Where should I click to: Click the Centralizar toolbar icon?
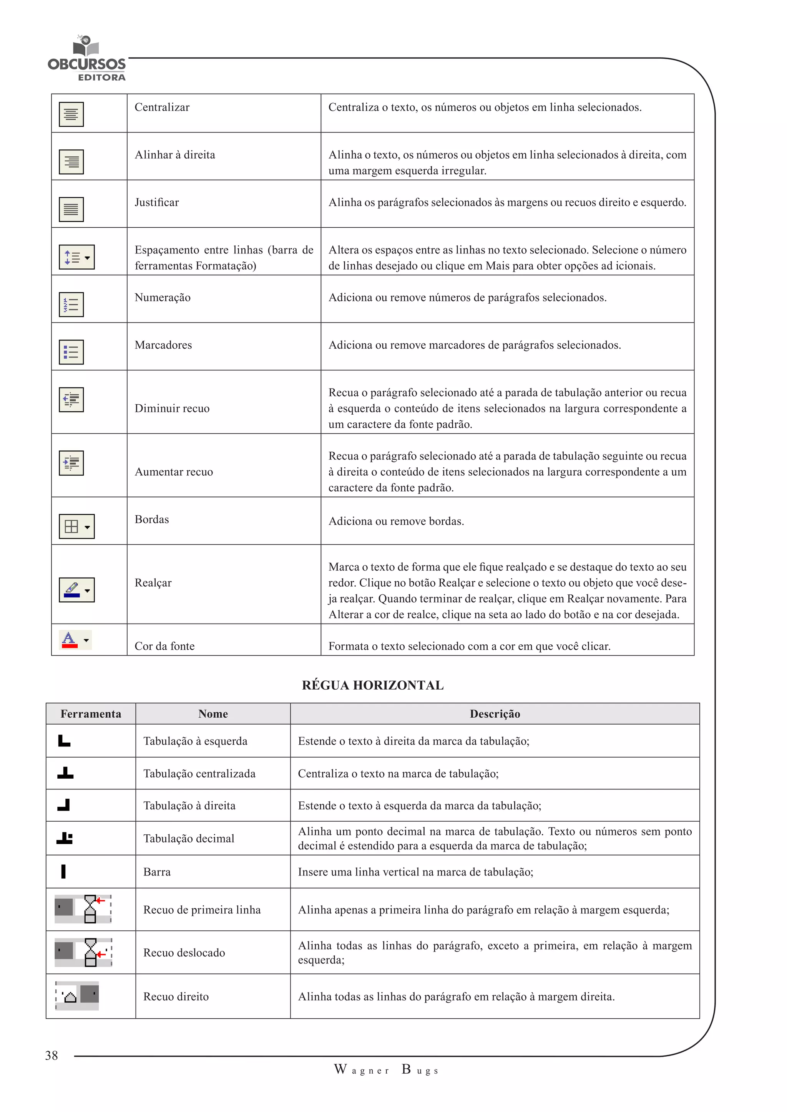tap(71, 114)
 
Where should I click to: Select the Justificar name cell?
tap(156, 202)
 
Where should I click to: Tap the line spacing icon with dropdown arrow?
tap(76, 257)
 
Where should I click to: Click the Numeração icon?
tap(71, 304)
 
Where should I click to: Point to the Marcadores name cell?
tap(163, 345)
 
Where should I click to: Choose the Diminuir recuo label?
tap(172, 408)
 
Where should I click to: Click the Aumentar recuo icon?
tap(71, 463)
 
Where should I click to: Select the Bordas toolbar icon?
tap(76, 526)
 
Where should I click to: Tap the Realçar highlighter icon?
tap(76, 590)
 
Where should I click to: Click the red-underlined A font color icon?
tap(75, 640)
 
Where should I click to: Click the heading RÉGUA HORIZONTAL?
tap(373, 685)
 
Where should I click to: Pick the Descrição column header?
tap(495, 714)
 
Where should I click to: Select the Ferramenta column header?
tap(91, 714)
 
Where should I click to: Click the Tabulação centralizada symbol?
tap(65, 773)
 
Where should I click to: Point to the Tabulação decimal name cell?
tap(189, 838)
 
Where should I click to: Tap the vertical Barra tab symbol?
tap(63, 871)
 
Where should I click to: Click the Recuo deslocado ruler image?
tap(83, 952)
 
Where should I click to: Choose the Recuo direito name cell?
tap(176, 997)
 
